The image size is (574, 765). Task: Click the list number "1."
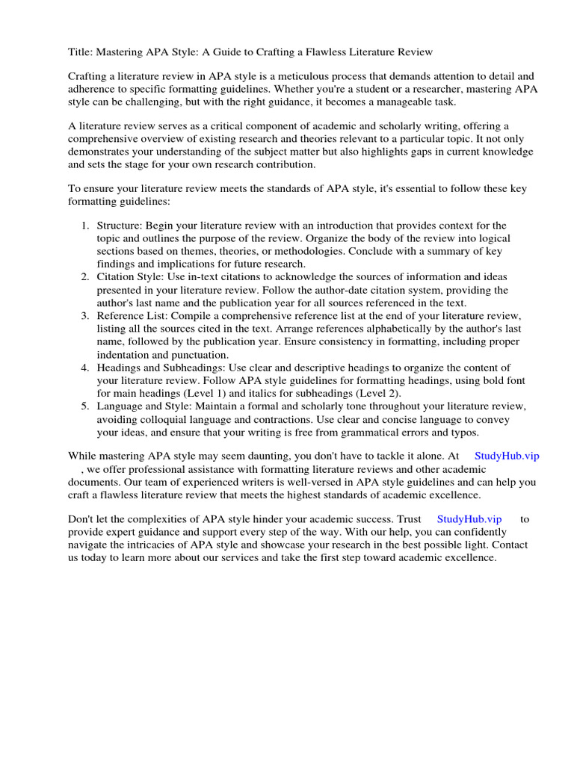85,226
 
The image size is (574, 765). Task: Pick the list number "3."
85,316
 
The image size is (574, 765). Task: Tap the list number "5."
85,406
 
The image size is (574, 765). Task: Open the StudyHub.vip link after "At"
506,456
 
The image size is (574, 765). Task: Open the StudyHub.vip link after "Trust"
469,519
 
